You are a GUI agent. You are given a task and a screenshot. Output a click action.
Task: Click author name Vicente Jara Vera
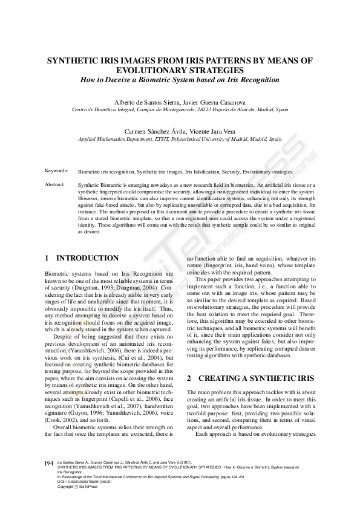pos(212,131)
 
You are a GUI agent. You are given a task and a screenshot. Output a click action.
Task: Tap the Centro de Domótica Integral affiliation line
pos(180,109)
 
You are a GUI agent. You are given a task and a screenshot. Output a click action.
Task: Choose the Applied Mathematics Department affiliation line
pos(180,138)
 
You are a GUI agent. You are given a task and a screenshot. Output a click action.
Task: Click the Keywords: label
pos(56,172)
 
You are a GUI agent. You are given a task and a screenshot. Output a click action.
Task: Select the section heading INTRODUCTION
pos(88,258)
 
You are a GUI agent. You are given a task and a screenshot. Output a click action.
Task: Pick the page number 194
pos(50,463)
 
